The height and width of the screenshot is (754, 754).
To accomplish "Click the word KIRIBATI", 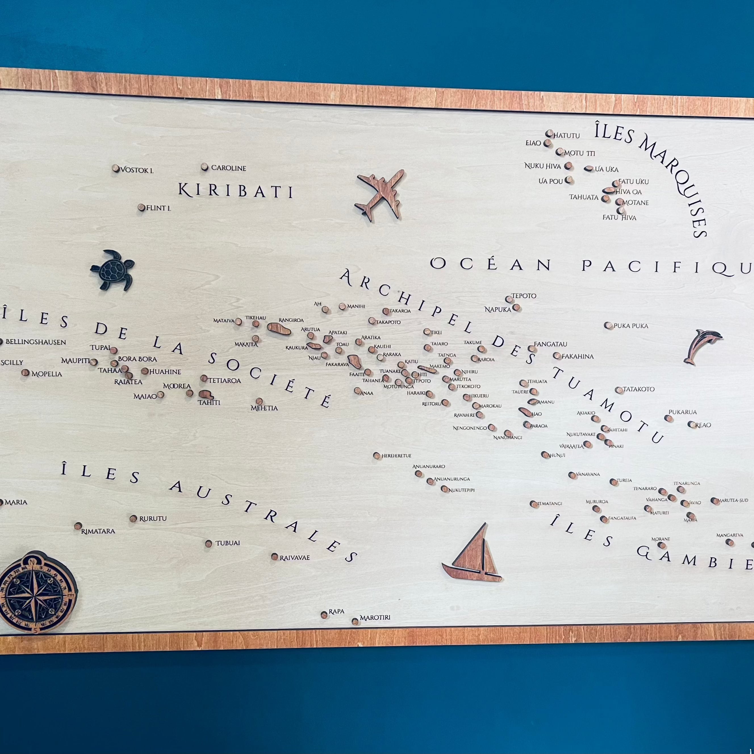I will point(235,191).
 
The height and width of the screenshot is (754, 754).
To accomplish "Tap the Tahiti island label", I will point(209,403).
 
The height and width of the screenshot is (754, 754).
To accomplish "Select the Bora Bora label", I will point(137,359).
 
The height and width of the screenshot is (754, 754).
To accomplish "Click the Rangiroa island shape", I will point(279,328).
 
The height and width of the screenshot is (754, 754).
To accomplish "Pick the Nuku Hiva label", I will point(542,166).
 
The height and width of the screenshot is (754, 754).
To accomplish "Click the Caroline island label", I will point(229,168).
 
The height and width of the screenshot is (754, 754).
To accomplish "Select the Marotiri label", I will point(375,618).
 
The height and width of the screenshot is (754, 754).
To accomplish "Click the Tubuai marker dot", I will point(208,543).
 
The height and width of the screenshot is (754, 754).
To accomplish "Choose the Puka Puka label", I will point(631,326).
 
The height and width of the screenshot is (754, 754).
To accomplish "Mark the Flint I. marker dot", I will point(141,208).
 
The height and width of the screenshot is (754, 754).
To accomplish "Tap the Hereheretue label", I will point(396,456).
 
